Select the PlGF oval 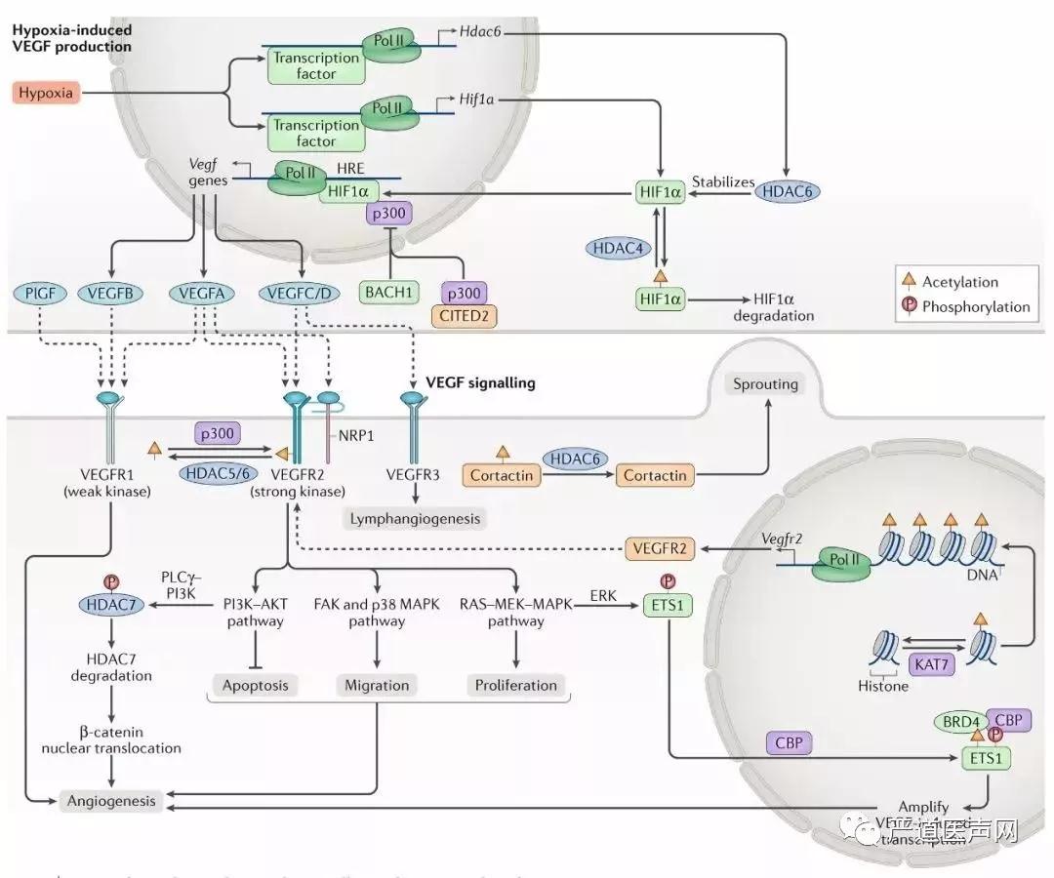pos(40,293)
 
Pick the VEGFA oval pos(202,293)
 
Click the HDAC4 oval pos(618,248)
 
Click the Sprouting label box pos(766,384)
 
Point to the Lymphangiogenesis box pos(416,518)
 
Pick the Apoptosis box pos(256,685)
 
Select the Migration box pos(377,685)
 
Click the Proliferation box pos(516,685)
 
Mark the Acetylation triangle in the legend pos(908,281)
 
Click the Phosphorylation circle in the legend pos(908,305)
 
